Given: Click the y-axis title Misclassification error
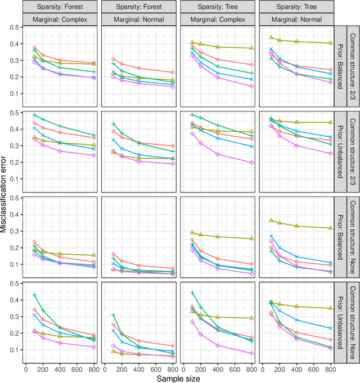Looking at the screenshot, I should (x=4, y=191).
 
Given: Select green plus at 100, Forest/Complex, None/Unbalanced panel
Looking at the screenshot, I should (x=34, y=295).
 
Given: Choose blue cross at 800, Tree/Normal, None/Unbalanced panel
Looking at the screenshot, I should (x=331, y=328).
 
